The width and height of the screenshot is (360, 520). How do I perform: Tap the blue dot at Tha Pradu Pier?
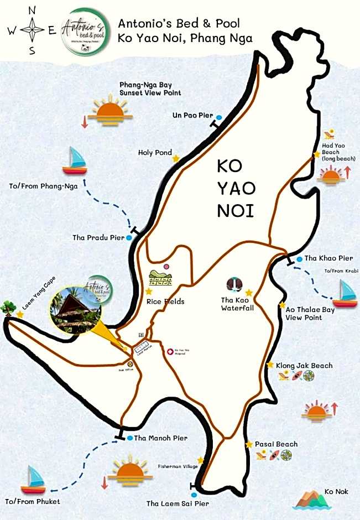tap(129, 237)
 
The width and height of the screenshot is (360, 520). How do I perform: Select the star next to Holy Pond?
tap(176, 158)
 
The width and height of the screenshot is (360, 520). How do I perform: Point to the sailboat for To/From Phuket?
tap(33, 480)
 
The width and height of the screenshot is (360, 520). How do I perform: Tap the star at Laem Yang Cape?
tap(20, 314)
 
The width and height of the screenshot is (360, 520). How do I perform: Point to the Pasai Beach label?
tap(276, 444)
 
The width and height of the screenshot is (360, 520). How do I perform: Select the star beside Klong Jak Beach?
tap(270, 365)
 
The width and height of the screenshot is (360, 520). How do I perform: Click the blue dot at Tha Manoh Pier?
tap(129, 438)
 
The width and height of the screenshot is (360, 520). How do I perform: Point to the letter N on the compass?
tap(32, 11)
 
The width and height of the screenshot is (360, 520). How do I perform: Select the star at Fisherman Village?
tap(200, 460)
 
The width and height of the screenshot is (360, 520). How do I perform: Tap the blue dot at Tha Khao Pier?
tap(299, 258)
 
